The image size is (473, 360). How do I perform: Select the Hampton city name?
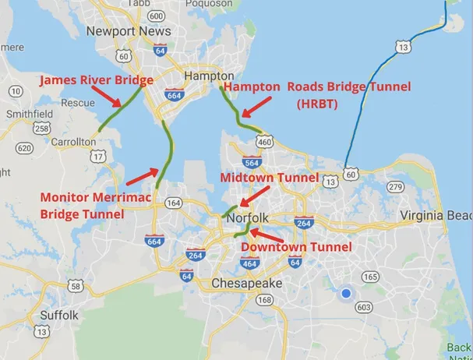pos(203,76)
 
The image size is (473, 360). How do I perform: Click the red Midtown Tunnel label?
pos(270,178)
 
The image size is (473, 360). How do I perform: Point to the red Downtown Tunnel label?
pos(296,246)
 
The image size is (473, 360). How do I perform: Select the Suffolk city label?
pos(60,316)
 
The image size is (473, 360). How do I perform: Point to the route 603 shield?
pos(364,307)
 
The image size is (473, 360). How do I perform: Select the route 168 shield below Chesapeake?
pos(265,300)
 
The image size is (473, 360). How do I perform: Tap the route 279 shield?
pos(395,186)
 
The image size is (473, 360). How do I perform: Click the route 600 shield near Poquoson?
pos(156,16)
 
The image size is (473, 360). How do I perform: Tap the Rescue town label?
pos(78,102)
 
